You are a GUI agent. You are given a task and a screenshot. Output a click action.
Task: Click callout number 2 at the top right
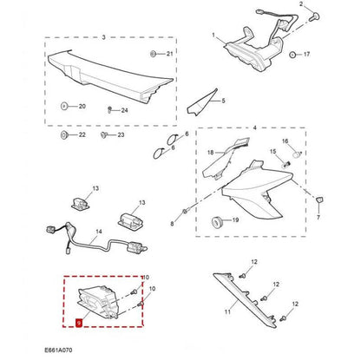[x=303, y=5]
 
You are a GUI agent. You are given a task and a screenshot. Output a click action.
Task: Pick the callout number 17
[x=305, y=54]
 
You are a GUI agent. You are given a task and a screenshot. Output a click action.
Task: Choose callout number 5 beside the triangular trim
[x=222, y=101]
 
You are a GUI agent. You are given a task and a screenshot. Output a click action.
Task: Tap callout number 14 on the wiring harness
[x=99, y=232]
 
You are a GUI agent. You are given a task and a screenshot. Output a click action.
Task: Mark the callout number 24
[x=124, y=110]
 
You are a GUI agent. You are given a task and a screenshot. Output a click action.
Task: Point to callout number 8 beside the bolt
[x=172, y=224]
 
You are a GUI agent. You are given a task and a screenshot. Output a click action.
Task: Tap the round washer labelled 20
[x=65, y=106]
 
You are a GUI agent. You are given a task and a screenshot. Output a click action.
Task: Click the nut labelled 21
[x=153, y=54]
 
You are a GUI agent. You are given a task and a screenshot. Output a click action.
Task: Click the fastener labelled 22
[x=65, y=136]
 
